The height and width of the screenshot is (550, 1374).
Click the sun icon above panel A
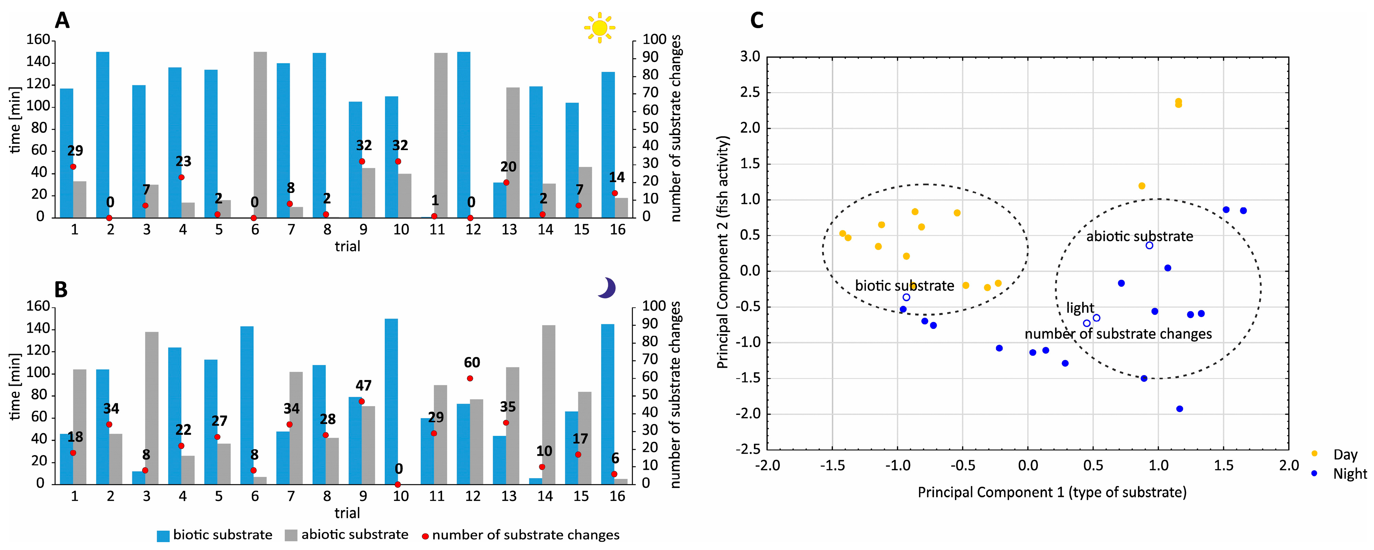click(599, 27)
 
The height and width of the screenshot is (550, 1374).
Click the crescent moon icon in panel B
click(607, 288)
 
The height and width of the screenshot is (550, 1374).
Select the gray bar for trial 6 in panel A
click(260, 135)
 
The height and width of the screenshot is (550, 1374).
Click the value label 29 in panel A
click(75, 151)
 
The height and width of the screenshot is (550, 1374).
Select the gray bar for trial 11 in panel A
click(441, 135)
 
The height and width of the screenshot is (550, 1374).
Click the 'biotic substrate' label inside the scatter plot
click(905, 286)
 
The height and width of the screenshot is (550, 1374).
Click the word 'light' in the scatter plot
click(1080, 308)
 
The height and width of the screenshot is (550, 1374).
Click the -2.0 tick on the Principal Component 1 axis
click(767, 466)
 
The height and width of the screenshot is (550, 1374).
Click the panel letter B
click(61, 289)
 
